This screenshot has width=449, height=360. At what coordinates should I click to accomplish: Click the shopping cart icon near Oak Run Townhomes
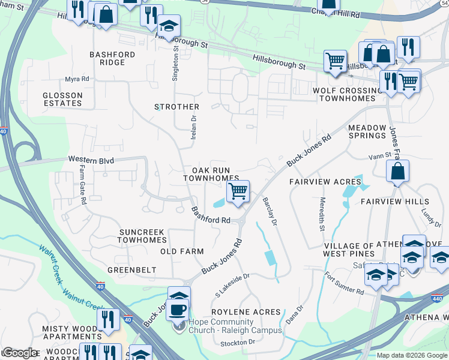(x=238, y=192)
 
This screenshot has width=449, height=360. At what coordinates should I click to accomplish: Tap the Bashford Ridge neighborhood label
(x=112, y=58)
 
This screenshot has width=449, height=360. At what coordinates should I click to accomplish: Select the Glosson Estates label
(x=62, y=99)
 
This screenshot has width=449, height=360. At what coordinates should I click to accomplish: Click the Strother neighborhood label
(x=176, y=107)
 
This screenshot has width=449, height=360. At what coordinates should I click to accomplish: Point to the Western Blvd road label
(x=91, y=160)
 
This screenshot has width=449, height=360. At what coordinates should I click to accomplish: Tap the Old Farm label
(x=182, y=251)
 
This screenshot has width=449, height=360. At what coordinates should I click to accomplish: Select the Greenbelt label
(x=132, y=270)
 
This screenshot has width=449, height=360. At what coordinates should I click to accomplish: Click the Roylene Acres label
(x=249, y=312)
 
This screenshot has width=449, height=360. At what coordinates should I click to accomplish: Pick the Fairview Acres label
(x=325, y=181)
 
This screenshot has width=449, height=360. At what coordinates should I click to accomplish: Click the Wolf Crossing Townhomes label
(x=348, y=94)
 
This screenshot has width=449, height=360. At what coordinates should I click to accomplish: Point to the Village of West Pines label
(x=357, y=250)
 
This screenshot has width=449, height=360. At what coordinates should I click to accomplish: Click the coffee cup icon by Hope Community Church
(x=178, y=310)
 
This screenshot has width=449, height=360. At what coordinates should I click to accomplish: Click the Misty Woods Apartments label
(x=68, y=333)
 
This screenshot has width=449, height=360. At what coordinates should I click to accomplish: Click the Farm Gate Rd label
(x=83, y=185)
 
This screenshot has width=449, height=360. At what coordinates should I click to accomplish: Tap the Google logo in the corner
(x=20, y=353)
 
